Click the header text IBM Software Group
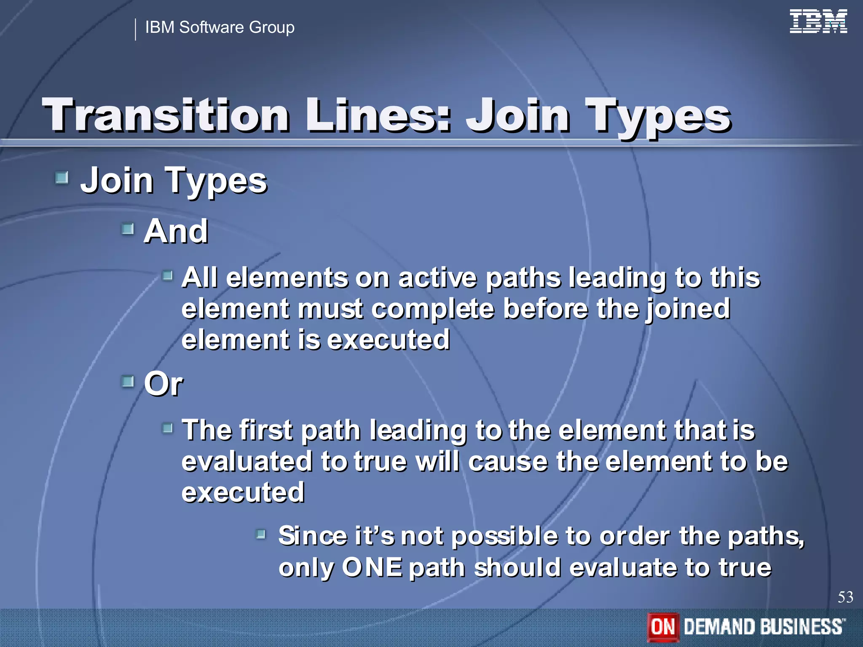[x=220, y=27]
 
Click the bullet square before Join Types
[x=62, y=178]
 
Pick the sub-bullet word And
[x=176, y=231]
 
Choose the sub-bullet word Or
[x=163, y=384]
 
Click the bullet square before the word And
[x=127, y=229]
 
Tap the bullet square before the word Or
[x=127, y=382]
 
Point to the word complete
[x=432, y=309]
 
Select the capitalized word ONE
[x=372, y=567]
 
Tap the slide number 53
[x=845, y=597]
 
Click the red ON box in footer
[x=663, y=627]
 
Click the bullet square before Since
[x=261, y=535]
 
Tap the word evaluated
[x=247, y=461]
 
